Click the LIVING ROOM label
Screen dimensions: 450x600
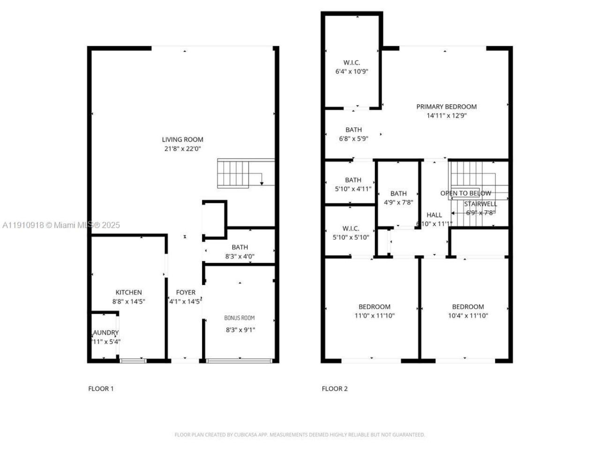(x=182, y=139)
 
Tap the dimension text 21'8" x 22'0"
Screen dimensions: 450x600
(x=182, y=149)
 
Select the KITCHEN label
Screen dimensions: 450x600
(x=128, y=292)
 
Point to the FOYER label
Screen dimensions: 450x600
(x=186, y=292)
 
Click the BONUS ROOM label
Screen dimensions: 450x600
(x=239, y=318)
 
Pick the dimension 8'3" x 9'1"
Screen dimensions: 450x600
(x=240, y=330)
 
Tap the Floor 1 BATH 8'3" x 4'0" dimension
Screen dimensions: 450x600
(x=240, y=256)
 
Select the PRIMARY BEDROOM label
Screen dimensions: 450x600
(x=446, y=106)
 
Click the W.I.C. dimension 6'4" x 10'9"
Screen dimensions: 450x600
(x=352, y=72)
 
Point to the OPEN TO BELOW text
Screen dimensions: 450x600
(x=465, y=193)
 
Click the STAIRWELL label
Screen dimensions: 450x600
(x=480, y=204)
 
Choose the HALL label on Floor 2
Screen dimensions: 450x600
(x=434, y=215)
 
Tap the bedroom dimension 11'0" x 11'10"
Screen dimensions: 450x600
(x=374, y=315)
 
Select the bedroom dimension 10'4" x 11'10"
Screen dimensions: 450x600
(x=468, y=315)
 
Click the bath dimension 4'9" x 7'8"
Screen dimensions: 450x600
(x=398, y=202)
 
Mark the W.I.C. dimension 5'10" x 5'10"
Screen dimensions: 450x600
(x=351, y=237)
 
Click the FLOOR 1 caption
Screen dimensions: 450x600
(x=101, y=389)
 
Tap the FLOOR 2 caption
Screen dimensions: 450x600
(x=335, y=389)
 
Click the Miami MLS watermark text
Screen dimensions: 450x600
(x=61, y=225)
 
